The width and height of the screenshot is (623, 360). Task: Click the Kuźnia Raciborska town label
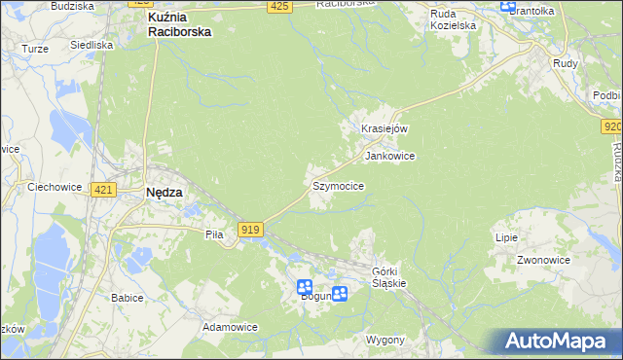178,24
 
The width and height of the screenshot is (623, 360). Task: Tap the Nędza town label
164,193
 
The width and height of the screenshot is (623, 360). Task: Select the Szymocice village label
338,186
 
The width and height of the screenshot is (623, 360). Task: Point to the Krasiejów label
384,128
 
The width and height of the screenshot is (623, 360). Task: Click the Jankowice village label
389,156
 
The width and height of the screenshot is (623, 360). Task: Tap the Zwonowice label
543,261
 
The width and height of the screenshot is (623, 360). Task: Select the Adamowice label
230,328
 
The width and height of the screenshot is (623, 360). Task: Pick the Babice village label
128,298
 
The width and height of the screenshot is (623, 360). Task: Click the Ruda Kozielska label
455,19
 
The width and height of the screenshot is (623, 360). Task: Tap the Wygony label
385,340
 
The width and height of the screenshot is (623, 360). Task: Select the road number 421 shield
103,190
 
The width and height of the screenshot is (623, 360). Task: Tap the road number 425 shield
279,7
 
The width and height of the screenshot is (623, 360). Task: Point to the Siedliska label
91,45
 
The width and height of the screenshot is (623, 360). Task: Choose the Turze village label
35,48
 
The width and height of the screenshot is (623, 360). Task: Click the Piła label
215,234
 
